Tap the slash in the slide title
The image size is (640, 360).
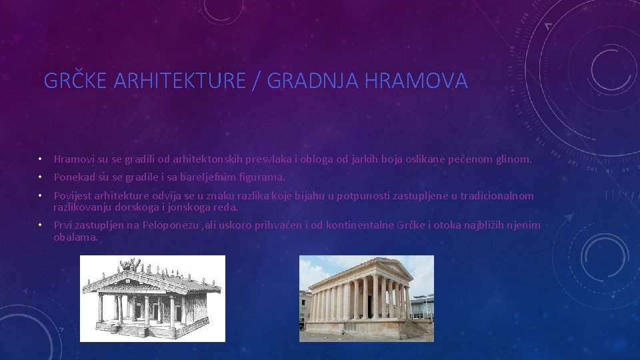coord(257,81)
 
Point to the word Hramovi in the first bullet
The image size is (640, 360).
coord(75,159)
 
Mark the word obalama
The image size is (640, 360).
coord(75,237)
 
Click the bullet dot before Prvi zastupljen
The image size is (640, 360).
coord(40,225)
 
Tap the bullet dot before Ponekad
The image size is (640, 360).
coord(40,177)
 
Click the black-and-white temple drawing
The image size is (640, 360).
coord(153,299)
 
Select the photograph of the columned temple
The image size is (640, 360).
coord(366,299)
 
